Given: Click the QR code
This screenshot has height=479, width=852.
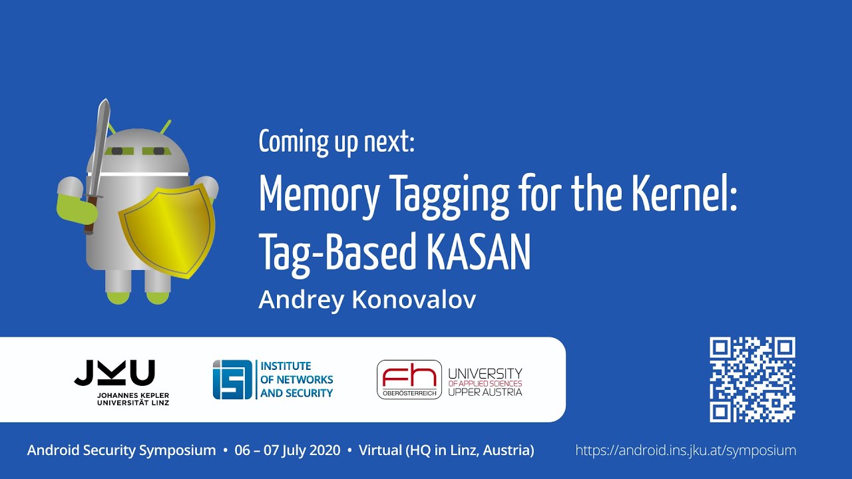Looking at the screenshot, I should (x=752, y=380).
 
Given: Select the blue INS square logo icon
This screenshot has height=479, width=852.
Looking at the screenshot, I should (x=232, y=380).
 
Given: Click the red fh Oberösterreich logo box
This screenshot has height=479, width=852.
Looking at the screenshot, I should (x=409, y=379).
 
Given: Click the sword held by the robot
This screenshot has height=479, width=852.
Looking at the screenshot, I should (x=98, y=160).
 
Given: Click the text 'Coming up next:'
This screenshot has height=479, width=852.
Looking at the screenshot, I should (x=336, y=142).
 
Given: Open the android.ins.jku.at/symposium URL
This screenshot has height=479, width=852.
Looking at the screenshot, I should (x=686, y=450).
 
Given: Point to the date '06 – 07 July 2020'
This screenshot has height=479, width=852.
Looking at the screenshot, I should (x=288, y=450).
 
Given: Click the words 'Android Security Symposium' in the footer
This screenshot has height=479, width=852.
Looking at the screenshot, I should (x=122, y=450).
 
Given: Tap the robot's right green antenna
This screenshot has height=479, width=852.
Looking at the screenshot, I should (x=166, y=126).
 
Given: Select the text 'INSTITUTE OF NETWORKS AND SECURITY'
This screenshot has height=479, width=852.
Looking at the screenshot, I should (x=296, y=380).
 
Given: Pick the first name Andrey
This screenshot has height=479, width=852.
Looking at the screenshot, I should (x=300, y=300).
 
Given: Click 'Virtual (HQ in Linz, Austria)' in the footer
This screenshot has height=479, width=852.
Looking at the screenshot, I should (x=447, y=450).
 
